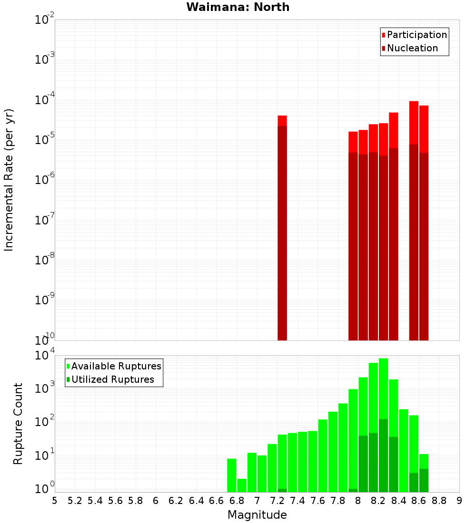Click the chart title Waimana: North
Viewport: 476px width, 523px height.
click(238, 7)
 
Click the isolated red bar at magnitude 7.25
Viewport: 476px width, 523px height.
click(282, 228)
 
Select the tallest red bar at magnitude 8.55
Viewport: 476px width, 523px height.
click(414, 219)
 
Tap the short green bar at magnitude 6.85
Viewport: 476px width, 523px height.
click(242, 485)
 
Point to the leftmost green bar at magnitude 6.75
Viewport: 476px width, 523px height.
click(232, 475)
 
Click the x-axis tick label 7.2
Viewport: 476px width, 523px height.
click(277, 501)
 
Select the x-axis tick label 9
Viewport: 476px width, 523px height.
click(459, 501)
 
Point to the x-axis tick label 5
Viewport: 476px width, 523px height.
click(55, 501)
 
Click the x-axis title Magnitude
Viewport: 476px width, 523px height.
click(257, 515)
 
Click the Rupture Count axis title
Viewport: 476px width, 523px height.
click(18, 423)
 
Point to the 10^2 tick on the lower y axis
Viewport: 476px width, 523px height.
click(45, 422)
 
